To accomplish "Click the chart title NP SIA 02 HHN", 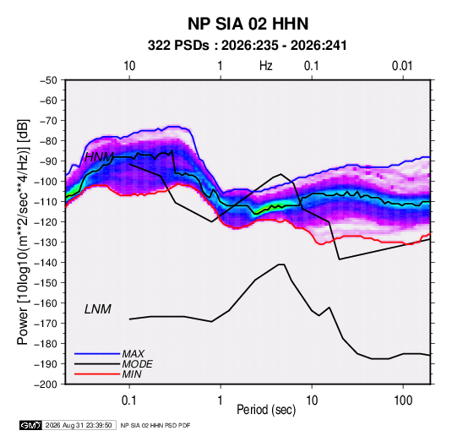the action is pos(248,24).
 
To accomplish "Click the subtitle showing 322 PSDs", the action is pos(247,46).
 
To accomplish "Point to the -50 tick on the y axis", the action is pos(48,80).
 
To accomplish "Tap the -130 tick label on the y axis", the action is pos(46,243).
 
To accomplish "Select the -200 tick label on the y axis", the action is pos(46,384).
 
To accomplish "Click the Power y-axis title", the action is pos(23,232).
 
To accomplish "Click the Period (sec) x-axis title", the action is pos(266,410).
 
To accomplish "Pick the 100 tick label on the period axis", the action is pos(403,401).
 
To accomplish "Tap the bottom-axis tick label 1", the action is pos(220,401).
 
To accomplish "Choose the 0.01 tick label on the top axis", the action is pos(402,66).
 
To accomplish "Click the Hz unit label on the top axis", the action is pos(266,66).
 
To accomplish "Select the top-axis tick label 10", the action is pos(129,66).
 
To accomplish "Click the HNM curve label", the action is pos(99,157).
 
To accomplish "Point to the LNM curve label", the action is pos(98,309).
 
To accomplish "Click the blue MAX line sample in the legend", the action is pos(97,354).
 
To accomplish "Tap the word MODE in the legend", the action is pos(137,364).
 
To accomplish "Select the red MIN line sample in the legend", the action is pos(97,374).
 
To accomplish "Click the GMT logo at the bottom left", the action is pos(30,425).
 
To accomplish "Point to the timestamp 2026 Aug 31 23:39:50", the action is pos(79,425).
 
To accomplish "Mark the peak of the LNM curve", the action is pos(281,264).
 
